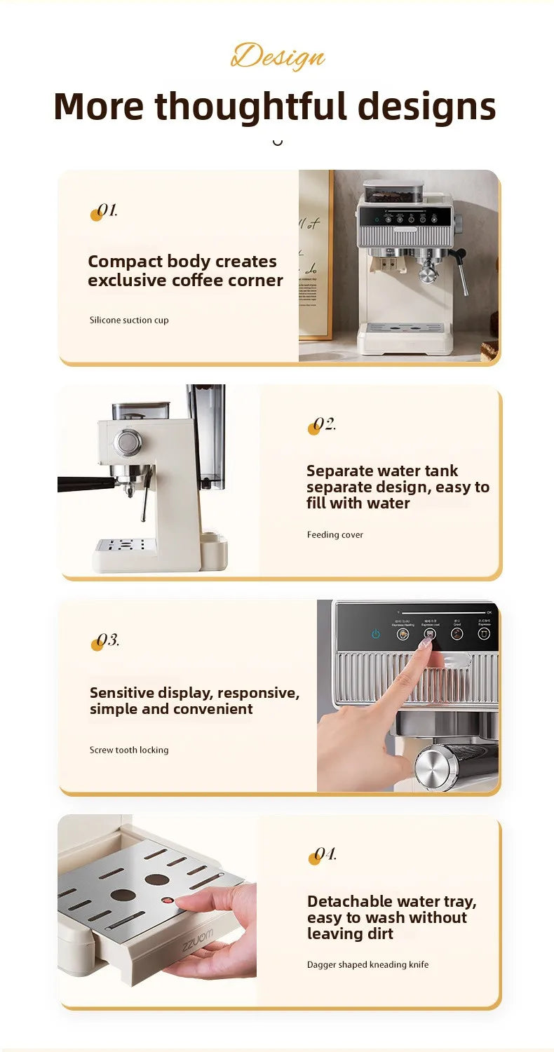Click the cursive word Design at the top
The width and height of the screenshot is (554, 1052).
[278, 56]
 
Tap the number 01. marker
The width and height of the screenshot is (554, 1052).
[104, 211]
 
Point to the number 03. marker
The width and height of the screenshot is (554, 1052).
[105, 641]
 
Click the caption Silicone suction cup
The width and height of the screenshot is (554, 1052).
[129, 321]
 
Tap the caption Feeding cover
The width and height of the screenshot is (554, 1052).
[335, 535]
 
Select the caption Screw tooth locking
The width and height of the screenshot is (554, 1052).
[129, 750]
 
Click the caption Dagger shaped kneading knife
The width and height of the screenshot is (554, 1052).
[367, 965]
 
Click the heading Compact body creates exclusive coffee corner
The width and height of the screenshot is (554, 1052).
[185, 271]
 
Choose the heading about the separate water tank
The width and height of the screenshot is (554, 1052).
[398, 487]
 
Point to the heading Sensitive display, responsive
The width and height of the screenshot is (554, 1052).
[194, 701]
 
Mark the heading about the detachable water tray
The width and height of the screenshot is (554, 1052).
[391, 917]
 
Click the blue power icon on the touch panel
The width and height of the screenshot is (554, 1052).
[376, 634]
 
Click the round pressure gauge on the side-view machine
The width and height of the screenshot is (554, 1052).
[128, 443]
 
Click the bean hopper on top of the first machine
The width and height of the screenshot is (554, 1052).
[393, 192]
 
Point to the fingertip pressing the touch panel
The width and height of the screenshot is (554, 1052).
[426, 643]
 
